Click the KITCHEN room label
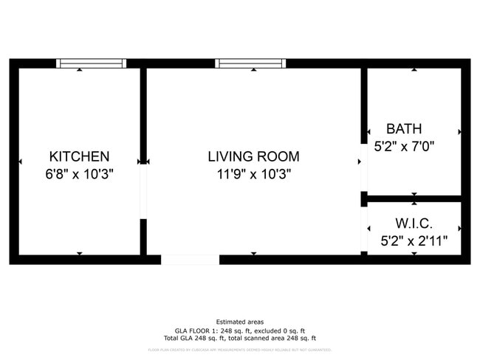(x=79, y=156)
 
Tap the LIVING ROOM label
(x=253, y=156)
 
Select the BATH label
(x=404, y=129)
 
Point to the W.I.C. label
(x=414, y=223)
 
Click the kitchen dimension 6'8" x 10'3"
(x=79, y=175)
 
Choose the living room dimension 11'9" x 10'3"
(x=253, y=175)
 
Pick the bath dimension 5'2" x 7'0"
(x=404, y=147)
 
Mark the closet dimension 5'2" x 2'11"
(x=414, y=240)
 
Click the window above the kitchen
(x=92, y=63)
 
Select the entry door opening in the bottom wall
(x=190, y=259)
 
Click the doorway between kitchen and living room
(x=143, y=190)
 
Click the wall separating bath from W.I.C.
(x=414, y=198)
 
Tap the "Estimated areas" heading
(x=239, y=322)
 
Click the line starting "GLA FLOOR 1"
(x=239, y=330)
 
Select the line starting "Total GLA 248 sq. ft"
(x=239, y=338)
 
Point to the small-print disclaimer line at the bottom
(x=239, y=350)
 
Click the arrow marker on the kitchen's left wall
(x=20, y=161)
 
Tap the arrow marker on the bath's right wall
(x=459, y=132)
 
